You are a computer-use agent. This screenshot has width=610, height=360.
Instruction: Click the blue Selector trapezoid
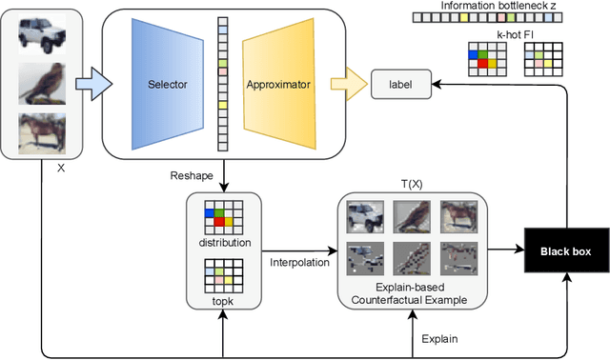(166, 84)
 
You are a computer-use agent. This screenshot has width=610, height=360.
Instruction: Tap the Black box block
(566, 251)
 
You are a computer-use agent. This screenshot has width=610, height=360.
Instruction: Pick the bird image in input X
(42, 85)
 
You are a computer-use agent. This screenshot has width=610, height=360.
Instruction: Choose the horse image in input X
(42, 130)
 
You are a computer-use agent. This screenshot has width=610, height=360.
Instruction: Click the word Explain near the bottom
(441, 339)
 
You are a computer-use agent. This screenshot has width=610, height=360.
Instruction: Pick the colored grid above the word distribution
(223, 219)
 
